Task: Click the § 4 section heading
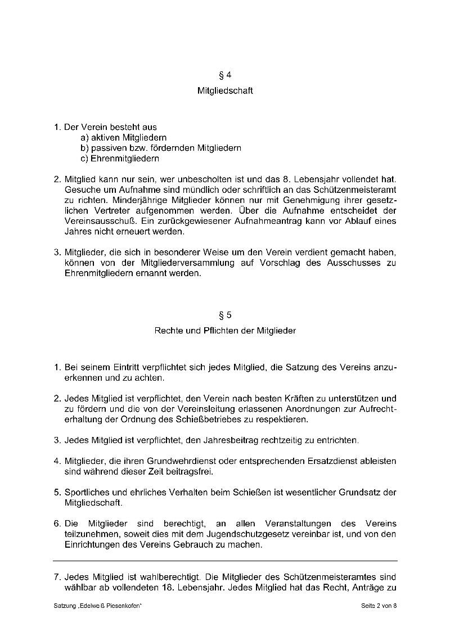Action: [x=225, y=75]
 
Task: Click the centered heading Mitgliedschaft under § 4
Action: [x=225, y=91]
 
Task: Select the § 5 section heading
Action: [x=225, y=315]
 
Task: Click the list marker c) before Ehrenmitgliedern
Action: [x=85, y=159]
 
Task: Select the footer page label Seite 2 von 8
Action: [x=379, y=606]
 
